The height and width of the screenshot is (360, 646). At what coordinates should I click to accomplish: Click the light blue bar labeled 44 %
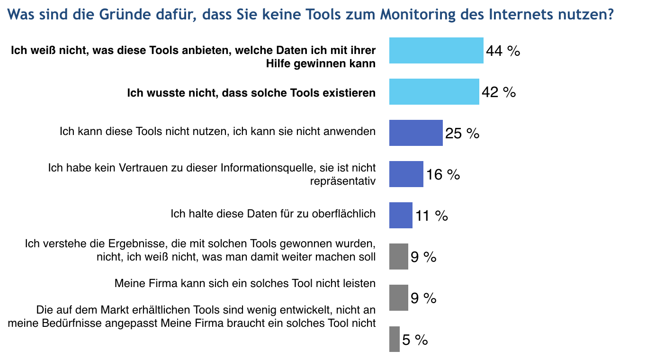(436, 51)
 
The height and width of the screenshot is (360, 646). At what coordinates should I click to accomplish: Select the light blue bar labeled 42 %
(434, 92)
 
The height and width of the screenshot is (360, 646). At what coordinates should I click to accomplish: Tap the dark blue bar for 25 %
(416, 133)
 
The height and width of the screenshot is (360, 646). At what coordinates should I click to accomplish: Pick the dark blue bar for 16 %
(406, 174)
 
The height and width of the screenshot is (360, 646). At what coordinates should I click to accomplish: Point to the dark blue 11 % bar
(401, 216)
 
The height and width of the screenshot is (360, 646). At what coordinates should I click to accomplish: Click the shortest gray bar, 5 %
(395, 339)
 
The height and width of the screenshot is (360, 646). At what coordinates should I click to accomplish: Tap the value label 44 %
(503, 51)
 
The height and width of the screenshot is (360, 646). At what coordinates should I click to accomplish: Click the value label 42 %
(499, 92)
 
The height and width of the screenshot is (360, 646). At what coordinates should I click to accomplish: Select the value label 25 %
(462, 133)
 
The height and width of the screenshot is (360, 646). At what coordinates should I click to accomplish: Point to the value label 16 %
(443, 174)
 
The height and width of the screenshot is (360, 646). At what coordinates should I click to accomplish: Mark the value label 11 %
(431, 216)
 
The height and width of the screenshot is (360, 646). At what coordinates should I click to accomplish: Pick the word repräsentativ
(342, 181)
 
